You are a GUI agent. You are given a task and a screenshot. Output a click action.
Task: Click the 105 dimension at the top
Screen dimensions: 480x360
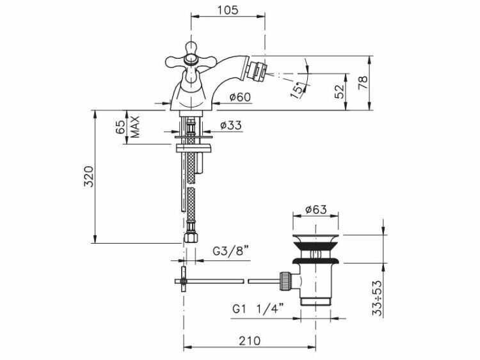coord(227,10)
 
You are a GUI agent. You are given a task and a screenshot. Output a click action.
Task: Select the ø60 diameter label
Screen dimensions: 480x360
coord(240,97)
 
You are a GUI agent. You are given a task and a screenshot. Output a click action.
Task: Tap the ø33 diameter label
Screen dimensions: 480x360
coord(230,125)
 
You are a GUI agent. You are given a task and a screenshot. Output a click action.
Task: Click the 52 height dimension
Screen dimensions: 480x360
coord(339,91)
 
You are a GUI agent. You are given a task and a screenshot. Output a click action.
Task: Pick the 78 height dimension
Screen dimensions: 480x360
coord(362,82)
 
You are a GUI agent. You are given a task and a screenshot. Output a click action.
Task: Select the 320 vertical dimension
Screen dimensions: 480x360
coord(88,176)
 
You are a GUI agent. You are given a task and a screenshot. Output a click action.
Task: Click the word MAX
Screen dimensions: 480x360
coord(135,127)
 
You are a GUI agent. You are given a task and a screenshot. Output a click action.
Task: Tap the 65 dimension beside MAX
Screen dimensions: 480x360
coord(120,127)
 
